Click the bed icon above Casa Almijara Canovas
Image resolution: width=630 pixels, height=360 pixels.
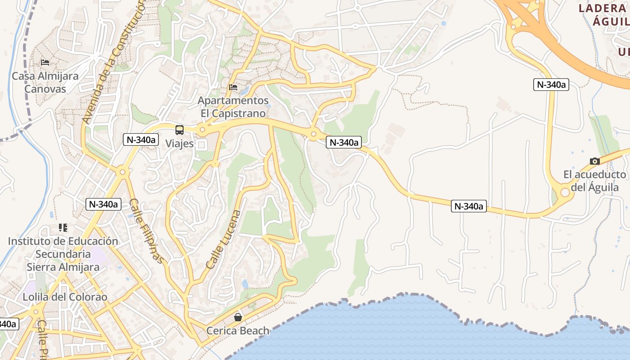pyautogui.click(x=45, y=62)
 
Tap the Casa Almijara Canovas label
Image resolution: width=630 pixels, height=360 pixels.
pyautogui.click(x=45, y=82)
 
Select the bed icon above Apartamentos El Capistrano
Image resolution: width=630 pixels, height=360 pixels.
pyautogui.click(x=233, y=87)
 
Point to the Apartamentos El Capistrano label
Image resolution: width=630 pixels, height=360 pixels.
pyautogui.click(x=233, y=107)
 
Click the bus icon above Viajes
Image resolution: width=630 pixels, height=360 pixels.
pyautogui.click(x=180, y=130)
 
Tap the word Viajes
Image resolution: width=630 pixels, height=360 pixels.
pyautogui.click(x=180, y=144)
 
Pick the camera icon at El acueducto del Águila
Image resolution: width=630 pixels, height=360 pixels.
pyautogui.click(x=595, y=161)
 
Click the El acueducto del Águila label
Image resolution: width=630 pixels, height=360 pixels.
pyautogui.click(x=594, y=181)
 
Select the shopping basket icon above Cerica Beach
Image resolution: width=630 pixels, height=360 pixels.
pyautogui.click(x=238, y=317)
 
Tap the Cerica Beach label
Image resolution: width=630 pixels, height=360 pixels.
pyautogui.click(x=238, y=331)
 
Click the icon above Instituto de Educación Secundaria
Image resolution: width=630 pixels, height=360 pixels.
pyautogui.click(x=63, y=228)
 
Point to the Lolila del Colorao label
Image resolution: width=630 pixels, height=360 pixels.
pyautogui.click(x=65, y=297)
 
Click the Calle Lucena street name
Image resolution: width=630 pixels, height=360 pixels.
pyautogui.click(x=223, y=240)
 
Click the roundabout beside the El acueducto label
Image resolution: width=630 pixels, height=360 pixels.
pyautogui.click(x=565, y=193)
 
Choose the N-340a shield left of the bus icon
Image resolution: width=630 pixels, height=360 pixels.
pyautogui.click(x=141, y=139)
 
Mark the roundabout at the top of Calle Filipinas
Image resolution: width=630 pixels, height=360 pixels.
pyautogui.click(x=122, y=172)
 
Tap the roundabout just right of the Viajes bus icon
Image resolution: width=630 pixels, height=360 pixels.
pyautogui.click(x=202, y=130)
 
